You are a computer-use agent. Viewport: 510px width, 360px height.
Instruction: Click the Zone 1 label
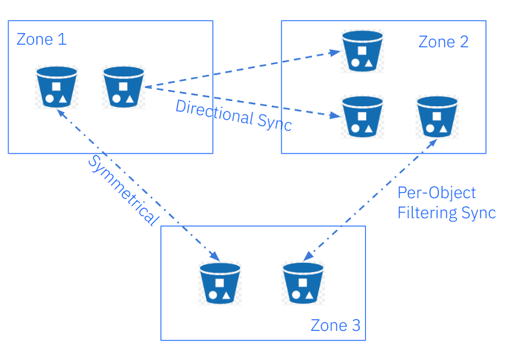pos(41,39)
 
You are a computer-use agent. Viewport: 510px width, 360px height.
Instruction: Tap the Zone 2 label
pos(443,42)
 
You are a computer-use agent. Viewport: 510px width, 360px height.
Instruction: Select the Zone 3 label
pos(335,325)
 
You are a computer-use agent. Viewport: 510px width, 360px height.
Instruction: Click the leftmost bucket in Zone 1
pos(57,87)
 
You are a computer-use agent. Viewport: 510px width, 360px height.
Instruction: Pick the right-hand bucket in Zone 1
pos(124,87)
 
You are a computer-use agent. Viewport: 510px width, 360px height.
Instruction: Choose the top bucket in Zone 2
pos(362,51)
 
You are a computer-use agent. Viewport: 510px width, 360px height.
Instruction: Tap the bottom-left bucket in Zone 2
pos(362,117)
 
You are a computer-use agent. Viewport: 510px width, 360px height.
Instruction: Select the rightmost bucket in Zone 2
pos(437,117)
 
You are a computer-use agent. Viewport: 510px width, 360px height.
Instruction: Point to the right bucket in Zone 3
pos(303,283)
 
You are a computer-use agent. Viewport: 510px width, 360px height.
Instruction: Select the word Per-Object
pos(437,193)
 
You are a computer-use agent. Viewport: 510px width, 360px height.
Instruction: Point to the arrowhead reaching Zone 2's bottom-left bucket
pos(336,116)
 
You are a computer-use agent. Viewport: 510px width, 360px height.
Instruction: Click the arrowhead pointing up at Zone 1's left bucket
pos(59,111)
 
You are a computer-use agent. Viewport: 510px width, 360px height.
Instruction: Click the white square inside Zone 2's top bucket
pos(362,51)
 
